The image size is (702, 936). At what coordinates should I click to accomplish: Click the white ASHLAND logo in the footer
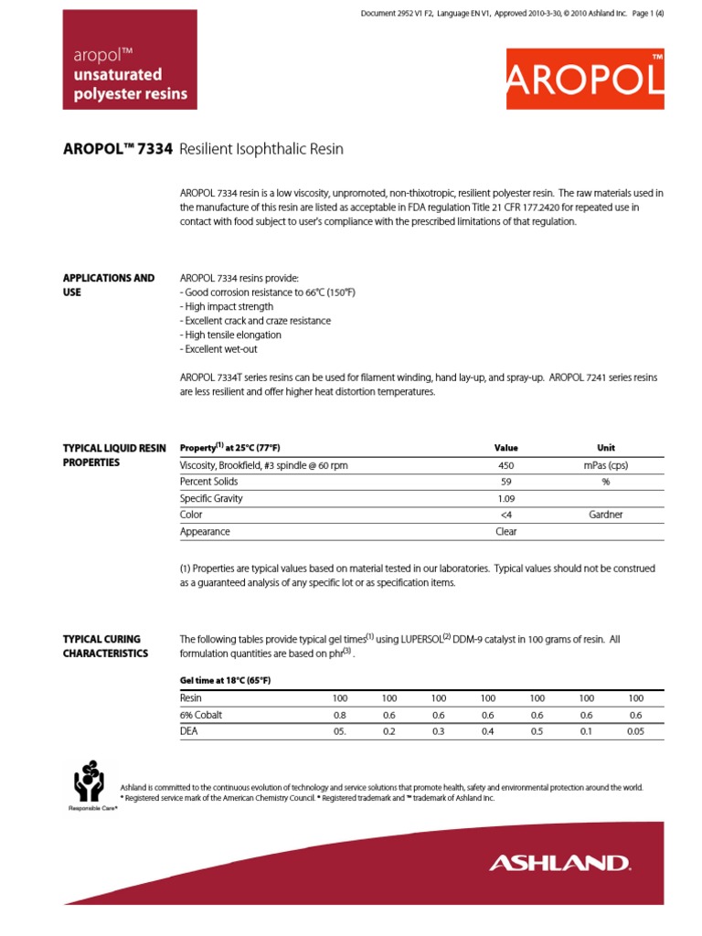point(559,862)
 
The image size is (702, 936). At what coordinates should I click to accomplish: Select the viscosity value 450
point(505,465)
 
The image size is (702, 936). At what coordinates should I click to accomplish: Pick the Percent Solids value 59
point(505,482)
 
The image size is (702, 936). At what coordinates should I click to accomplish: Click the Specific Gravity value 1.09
point(505,498)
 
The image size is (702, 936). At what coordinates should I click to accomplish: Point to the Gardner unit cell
point(605,515)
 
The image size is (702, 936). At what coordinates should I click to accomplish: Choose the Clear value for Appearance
point(505,531)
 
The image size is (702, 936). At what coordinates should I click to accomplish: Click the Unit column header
point(605,448)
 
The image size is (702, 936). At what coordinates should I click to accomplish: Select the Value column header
point(505,448)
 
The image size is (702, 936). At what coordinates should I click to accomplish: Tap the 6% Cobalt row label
point(201,715)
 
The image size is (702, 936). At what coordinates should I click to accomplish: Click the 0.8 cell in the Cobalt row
point(340,715)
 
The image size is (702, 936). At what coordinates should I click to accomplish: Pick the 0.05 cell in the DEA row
point(636,731)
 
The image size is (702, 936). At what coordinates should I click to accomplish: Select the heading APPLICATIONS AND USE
point(108,284)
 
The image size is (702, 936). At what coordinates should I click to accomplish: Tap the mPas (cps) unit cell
point(605,465)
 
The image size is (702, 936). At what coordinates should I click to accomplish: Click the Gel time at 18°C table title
point(225,680)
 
